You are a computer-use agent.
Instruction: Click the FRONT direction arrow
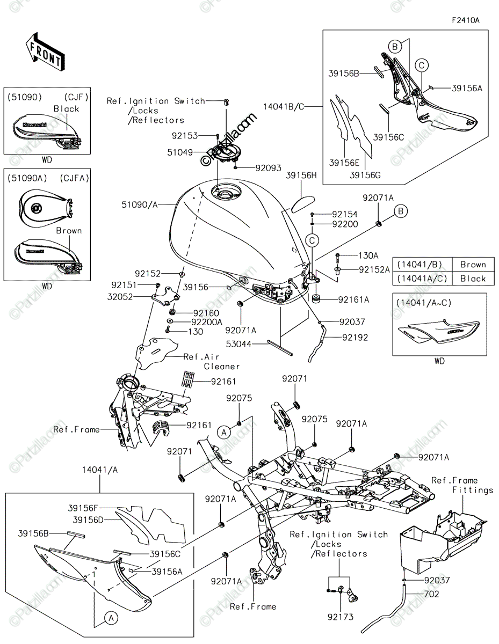pyautogui.click(x=45, y=52)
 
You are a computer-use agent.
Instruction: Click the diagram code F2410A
pyautogui.click(x=466, y=20)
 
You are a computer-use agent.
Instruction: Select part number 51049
pyautogui.click(x=180, y=152)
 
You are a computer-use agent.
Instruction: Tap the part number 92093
pyautogui.click(x=269, y=168)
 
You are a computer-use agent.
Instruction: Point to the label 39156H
pyautogui.click(x=301, y=175)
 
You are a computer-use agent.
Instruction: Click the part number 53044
pyautogui.click(x=238, y=344)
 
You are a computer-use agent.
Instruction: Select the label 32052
pyautogui.click(x=120, y=297)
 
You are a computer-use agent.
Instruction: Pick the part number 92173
pyautogui.click(x=341, y=617)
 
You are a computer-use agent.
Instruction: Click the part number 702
pyautogui.click(x=432, y=594)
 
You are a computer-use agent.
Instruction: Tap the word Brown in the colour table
pyautogui.click(x=473, y=265)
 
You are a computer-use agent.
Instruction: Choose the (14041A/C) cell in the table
pyautogui.click(x=422, y=279)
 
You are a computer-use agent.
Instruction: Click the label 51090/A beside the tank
pyautogui.click(x=139, y=204)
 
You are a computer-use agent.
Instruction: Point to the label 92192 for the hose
pyautogui.click(x=355, y=338)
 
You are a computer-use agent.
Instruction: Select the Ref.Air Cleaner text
pyautogui.click(x=212, y=361)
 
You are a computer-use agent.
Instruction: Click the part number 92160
pyautogui.click(x=206, y=313)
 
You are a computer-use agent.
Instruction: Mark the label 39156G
pyautogui.click(x=365, y=175)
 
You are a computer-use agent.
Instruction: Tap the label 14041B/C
pyautogui.click(x=284, y=106)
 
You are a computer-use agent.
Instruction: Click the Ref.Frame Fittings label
pyautogui.click(x=462, y=485)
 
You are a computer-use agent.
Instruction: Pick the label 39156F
pyautogui.click(x=83, y=508)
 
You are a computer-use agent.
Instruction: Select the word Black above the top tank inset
pyautogui.click(x=66, y=109)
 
